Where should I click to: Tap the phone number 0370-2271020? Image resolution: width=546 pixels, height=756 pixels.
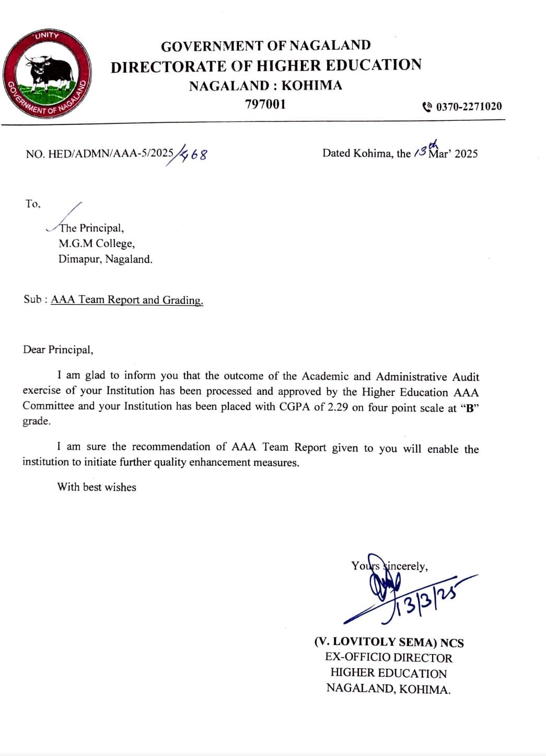coord(469,107)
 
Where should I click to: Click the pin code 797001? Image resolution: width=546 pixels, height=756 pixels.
coord(265,104)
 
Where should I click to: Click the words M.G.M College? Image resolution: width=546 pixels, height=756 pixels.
coord(96,243)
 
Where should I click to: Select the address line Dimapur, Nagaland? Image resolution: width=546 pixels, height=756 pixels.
coord(105,259)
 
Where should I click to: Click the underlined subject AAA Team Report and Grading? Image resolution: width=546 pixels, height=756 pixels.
coord(127,300)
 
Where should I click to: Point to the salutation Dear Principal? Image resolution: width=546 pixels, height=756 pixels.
coord(58,349)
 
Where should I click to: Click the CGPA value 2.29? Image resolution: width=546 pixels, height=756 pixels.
coord(338,407)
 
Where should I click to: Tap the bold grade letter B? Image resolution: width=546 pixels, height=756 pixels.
coord(469,408)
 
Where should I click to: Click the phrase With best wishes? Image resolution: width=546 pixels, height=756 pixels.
coord(97,487)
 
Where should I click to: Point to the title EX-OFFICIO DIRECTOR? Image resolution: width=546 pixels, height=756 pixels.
coord(388,658)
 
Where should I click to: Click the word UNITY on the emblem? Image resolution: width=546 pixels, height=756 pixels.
coord(47,36)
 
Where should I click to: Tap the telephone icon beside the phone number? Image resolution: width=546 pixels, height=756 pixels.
coord(427,107)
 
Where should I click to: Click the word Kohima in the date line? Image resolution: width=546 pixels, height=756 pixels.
coord(373,153)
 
